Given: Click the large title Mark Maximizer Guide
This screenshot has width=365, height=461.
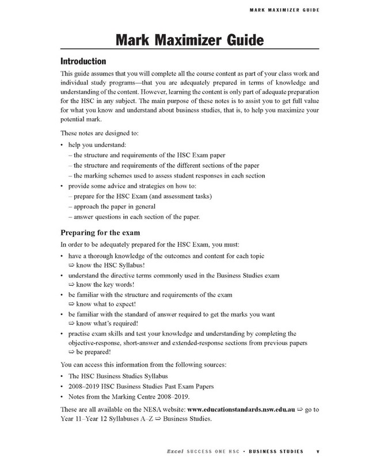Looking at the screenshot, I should pyautogui.click(x=182, y=41).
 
